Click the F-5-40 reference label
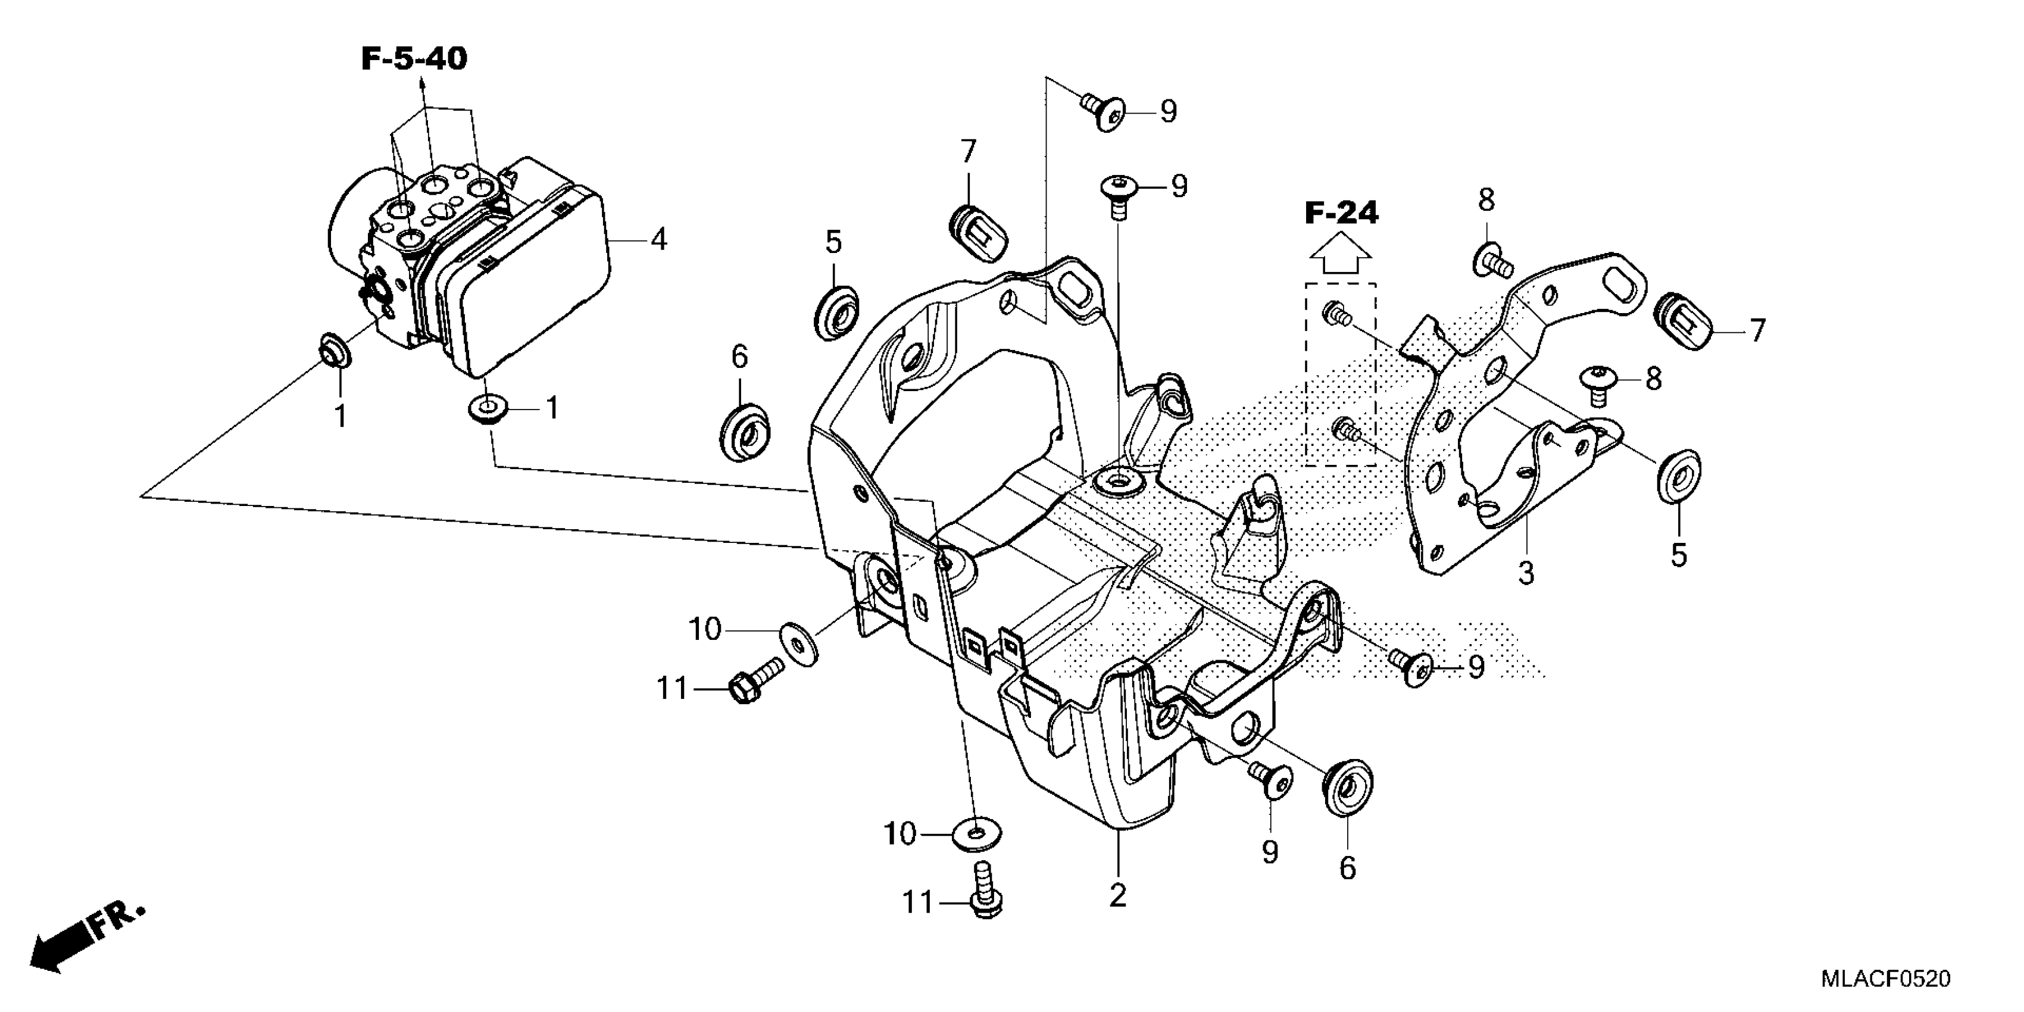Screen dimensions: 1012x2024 pos(414,59)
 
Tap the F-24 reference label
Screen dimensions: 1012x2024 pos(1341,213)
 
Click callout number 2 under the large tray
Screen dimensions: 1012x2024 pos(1117,896)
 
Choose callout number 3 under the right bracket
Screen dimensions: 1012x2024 pos(1525,574)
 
